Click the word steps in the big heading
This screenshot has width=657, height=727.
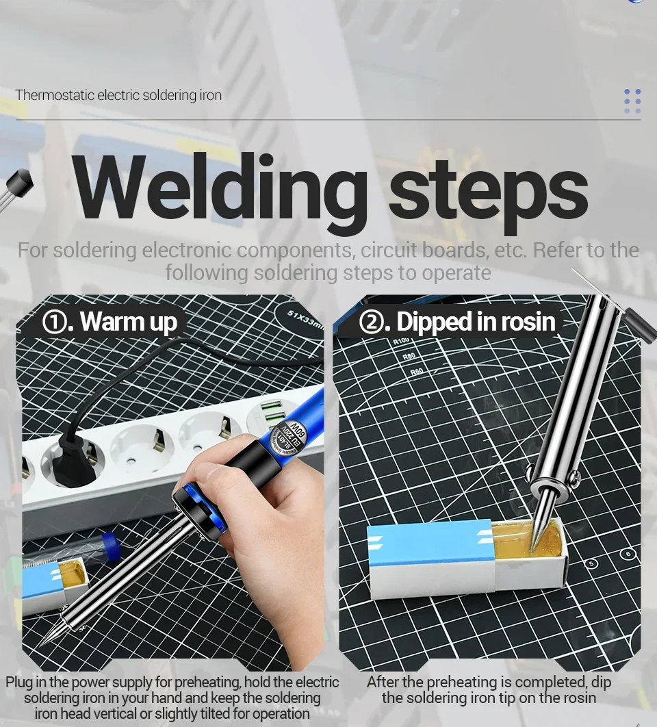pyautogui.click(x=488, y=194)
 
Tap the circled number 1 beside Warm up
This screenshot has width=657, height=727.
pyautogui.click(x=54, y=321)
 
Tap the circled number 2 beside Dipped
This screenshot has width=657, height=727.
pyautogui.click(x=372, y=321)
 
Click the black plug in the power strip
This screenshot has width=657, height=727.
pyautogui.click(x=74, y=459)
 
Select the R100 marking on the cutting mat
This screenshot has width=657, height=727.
pyautogui.click(x=402, y=341)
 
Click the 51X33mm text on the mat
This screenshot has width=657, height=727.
pyautogui.click(x=305, y=319)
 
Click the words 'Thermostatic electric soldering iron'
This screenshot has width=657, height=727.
pyautogui.click(x=118, y=95)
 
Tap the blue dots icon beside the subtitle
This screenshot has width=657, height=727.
pyautogui.click(x=632, y=101)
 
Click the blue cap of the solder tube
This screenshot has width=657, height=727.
pyautogui.click(x=110, y=545)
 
